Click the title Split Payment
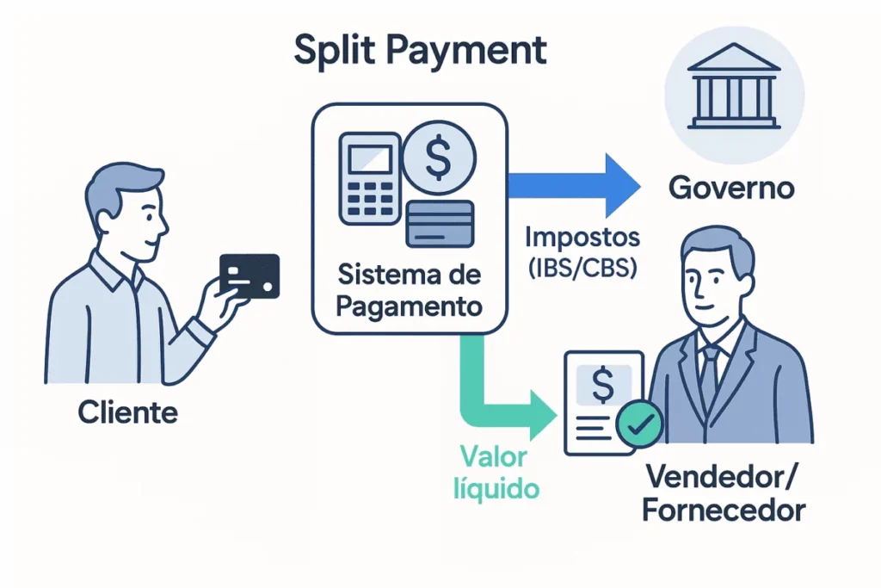(420, 51)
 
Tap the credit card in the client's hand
(250, 275)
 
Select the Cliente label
(127, 412)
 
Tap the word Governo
(730, 188)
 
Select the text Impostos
(581, 237)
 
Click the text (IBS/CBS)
(581, 268)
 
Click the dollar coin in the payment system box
(438, 157)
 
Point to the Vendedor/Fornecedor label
(724, 492)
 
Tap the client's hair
(120, 185)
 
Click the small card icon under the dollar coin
(440, 222)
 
